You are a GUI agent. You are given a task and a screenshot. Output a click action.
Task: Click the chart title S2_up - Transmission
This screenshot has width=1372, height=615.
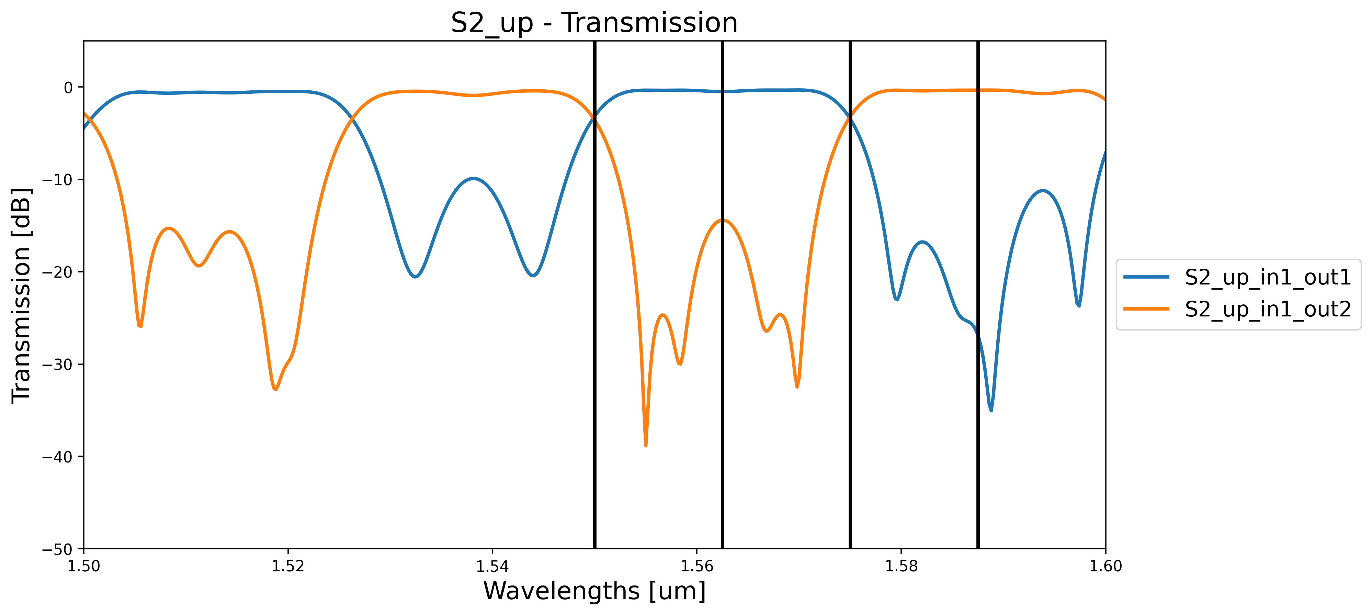594,23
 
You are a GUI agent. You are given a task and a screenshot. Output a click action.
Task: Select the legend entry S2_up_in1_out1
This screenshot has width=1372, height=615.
1268,277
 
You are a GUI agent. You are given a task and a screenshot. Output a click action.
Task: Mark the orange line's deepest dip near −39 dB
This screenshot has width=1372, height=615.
646,445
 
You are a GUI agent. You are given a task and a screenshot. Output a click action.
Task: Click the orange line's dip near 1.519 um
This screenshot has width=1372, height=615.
275,389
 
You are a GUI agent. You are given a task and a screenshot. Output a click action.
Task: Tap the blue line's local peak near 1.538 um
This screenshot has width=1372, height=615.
473,179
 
